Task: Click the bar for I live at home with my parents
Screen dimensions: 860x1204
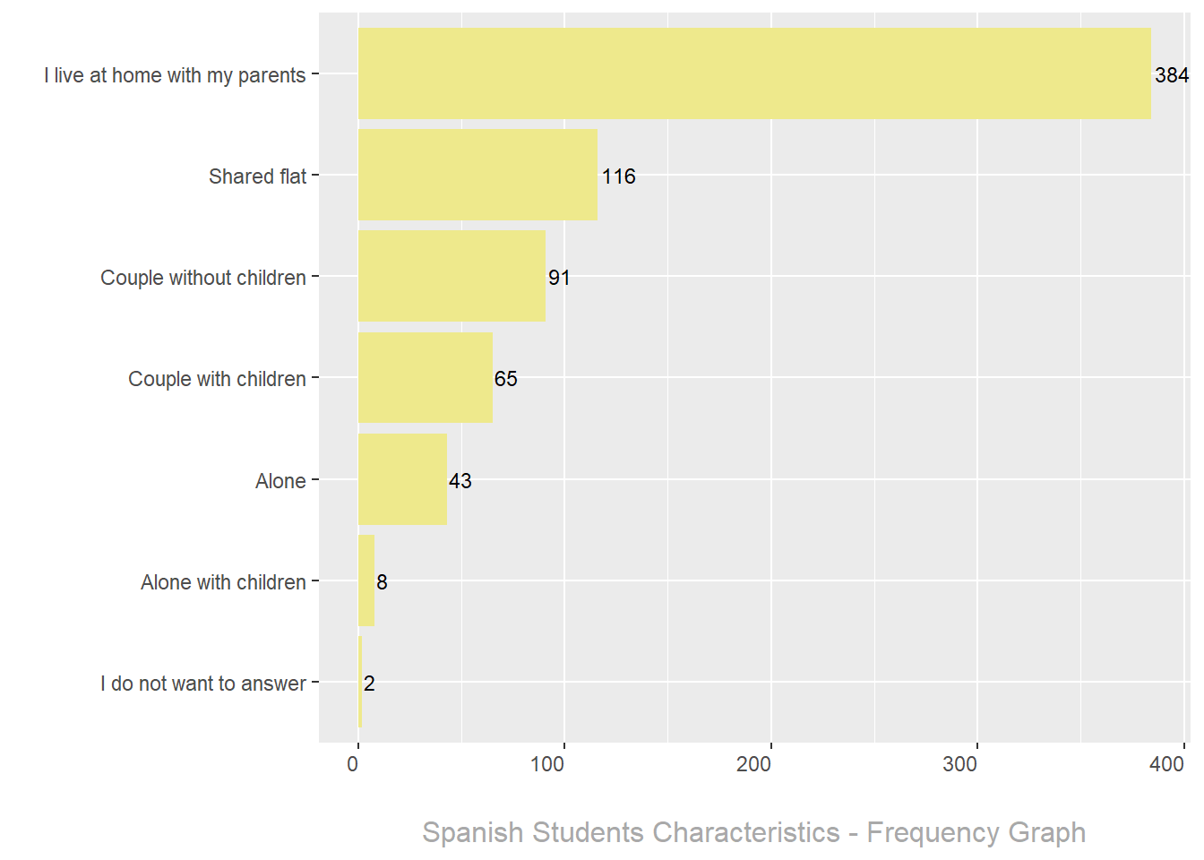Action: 754,73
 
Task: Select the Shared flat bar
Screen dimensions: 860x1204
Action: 477,175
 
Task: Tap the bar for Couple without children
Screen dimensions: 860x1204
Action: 451,276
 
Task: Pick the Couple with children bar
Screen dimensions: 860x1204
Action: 425,377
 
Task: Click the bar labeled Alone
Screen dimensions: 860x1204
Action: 402,479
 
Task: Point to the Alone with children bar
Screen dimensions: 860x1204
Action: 366,580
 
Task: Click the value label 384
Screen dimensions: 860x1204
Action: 1172,75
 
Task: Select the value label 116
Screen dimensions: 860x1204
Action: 619,176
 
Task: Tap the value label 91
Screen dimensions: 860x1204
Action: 559,278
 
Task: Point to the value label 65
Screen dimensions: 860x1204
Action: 506,379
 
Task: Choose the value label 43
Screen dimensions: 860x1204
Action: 460,481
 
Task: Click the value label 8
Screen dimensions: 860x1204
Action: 383,582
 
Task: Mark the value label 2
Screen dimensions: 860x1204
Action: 369,684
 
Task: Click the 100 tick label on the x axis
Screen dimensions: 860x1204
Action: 547,764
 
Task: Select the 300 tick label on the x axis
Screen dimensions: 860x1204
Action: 960,764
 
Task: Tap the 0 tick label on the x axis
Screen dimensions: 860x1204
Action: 353,764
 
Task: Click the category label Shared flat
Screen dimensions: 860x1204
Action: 257,176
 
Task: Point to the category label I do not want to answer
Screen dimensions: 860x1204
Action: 203,684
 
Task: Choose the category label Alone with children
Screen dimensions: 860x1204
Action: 223,582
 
